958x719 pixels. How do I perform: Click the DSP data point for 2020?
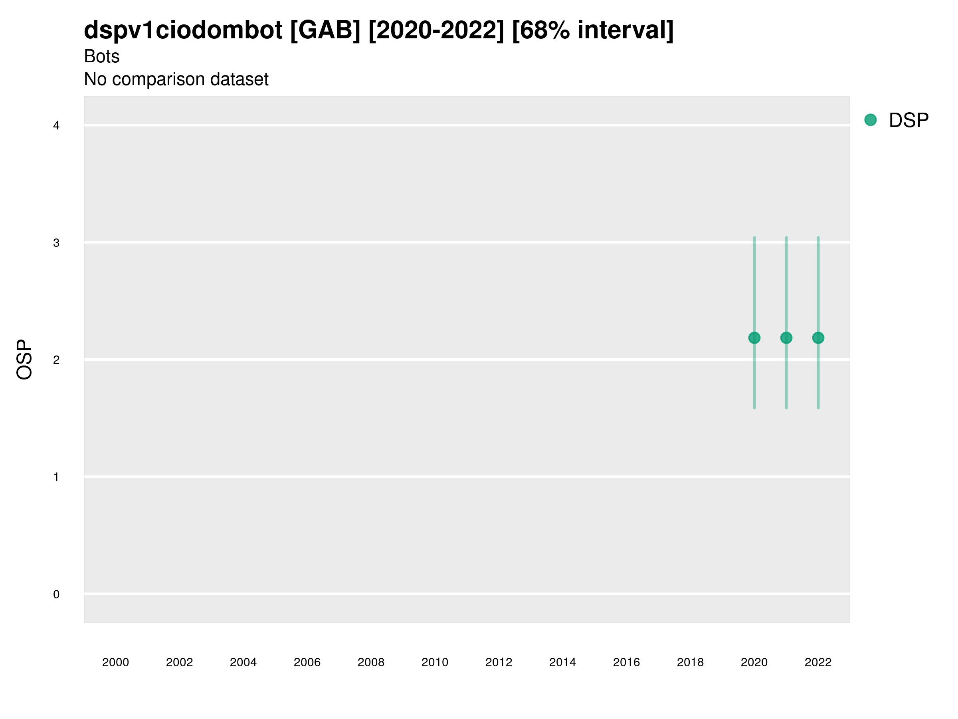(754, 338)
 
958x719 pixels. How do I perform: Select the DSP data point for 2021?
(786, 338)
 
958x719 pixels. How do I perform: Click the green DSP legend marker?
(870, 120)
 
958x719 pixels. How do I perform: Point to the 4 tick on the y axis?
(56, 126)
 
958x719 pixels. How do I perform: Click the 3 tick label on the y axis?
(56, 243)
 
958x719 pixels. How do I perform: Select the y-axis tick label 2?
(56, 360)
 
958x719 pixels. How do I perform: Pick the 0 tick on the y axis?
(56, 594)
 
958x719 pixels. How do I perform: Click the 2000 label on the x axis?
(115, 662)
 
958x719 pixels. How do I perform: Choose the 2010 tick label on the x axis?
(435, 662)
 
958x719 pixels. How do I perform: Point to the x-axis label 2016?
(626, 662)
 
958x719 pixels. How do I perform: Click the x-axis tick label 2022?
(817, 662)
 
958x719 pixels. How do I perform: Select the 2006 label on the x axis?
(307, 662)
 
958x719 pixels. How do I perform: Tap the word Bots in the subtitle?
(101, 56)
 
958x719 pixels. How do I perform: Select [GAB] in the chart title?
(325, 30)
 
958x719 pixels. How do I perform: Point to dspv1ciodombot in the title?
(183, 30)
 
